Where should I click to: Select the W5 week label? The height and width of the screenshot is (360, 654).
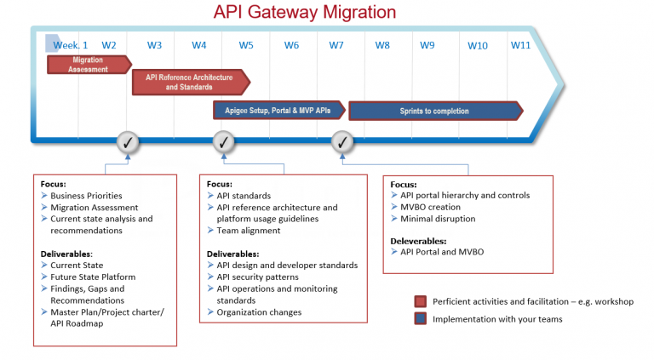pos(245,45)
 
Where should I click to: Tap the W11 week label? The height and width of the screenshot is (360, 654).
pos(520,44)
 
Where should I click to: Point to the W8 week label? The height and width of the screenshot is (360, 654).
pos(381,45)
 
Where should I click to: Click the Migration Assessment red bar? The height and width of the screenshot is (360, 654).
pos(89,65)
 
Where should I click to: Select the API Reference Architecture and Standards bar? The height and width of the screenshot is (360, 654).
pos(190,82)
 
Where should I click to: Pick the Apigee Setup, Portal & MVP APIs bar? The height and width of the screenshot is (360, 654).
pos(278,111)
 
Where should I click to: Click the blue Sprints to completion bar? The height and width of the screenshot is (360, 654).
pos(435,111)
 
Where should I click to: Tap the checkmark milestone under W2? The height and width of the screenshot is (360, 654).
pos(127,140)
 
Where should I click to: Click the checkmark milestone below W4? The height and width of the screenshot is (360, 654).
pos(223,140)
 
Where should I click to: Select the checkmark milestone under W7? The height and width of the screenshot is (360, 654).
pos(341,140)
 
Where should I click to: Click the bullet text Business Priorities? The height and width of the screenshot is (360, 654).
pos(86,196)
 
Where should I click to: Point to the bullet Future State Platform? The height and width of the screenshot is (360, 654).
pos(93,277)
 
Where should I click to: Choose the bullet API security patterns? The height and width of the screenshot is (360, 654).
pos(257,277)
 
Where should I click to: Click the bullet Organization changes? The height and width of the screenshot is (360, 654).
pos(259,312)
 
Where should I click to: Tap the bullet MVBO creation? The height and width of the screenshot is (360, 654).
pos(430,207)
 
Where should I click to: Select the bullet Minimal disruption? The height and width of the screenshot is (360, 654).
pos(438,219)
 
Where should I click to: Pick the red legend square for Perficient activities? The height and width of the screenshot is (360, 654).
pos(420,302)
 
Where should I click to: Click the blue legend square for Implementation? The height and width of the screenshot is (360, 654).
pos(420,319)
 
